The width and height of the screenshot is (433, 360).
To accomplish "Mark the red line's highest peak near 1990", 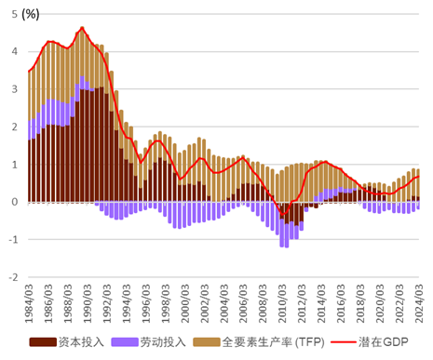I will tap(82, 28).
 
